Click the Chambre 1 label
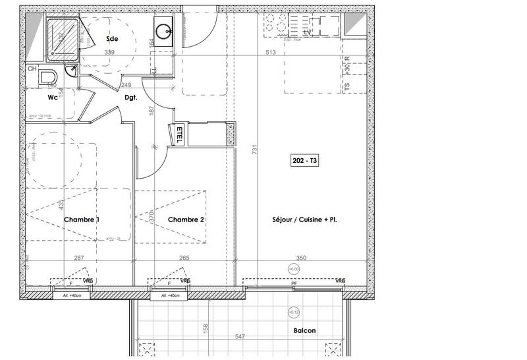click(x=82, y=219)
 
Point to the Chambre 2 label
click(x=186, y=219)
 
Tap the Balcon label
click(x=305, y=330)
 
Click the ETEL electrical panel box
click(x=178, y=134)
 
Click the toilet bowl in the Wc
click(x=46, y=78)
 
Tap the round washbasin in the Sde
click(x=162, y=30)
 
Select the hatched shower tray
click(x=62, y=37)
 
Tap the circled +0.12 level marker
click(x=291, y=312)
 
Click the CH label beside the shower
click(x=32, y=69)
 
